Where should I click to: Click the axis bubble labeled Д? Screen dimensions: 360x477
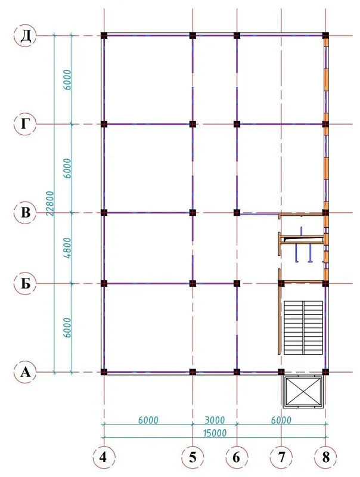point(25,36)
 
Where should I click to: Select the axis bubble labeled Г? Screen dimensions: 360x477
point(25,124)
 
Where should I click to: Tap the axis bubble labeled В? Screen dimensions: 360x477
point(25,213)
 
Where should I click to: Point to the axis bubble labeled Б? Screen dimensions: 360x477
point(25,284)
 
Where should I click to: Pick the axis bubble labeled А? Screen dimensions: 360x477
point(25,371)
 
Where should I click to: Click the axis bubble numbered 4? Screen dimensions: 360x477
point(104,457)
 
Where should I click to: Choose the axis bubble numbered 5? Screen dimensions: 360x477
point(193,457)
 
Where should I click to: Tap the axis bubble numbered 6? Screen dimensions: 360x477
point(237,457)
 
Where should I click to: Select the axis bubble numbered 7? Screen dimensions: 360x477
point(281,457)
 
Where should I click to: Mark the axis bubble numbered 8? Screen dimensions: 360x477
point(325,457)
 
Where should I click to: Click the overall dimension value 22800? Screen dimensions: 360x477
point(50,203)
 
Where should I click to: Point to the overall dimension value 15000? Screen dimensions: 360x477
point(215,433)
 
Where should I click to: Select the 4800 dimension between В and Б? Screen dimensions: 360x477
point(68,248)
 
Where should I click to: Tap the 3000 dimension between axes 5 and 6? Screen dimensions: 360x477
point(215,420)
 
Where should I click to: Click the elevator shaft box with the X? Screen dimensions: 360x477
point(303,392)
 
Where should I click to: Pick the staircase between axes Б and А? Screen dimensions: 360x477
point(303,327)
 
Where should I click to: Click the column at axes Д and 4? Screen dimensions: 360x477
point(104,36)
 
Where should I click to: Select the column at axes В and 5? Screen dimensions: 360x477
point(193,213)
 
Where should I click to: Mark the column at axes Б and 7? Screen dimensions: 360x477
point(281,284)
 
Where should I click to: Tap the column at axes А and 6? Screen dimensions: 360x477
point(237,371)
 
